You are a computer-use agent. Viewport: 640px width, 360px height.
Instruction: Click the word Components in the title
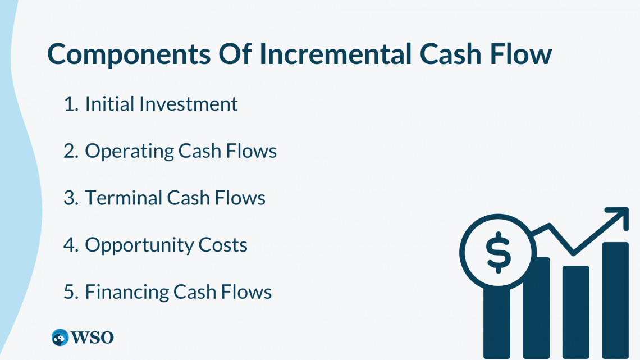click(x=129, y=54)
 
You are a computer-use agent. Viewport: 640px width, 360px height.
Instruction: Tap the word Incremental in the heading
click(x=336, y=54)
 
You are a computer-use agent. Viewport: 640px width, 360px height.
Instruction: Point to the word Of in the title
click(x=235, y=54)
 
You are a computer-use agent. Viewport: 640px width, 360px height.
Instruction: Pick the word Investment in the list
click(x=188, y=104)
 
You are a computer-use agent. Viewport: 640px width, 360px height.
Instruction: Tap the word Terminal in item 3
click(x=124, y=198)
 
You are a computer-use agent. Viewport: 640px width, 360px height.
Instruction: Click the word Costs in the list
click(x=223, y=245)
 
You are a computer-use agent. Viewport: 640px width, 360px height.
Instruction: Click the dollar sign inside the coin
click(x=499, y=252)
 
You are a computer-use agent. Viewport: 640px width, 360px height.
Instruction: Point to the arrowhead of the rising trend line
click(x=620, y=216)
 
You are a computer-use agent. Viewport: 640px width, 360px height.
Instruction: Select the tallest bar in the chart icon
click(x=615, y=300)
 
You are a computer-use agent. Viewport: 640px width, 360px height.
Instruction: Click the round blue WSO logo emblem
click(x=60, y=338)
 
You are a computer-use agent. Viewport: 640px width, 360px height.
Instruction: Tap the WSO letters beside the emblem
click(x=92, y=338)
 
